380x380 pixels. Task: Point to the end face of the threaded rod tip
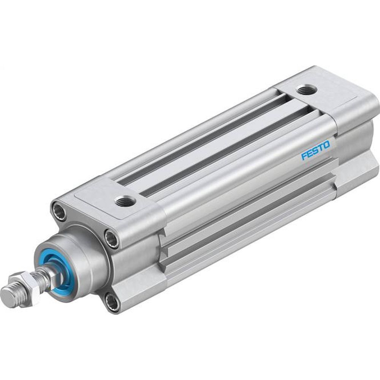point(8,294)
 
